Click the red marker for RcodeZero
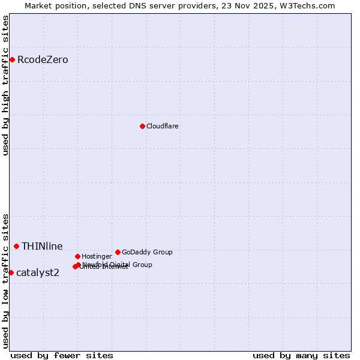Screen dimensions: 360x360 12,59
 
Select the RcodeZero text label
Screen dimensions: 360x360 43,60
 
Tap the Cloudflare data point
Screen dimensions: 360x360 142,126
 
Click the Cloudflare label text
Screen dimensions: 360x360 162,127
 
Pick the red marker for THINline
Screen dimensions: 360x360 16,246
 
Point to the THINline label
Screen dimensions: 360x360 42,247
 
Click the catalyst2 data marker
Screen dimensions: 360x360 11,272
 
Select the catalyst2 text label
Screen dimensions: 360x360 38,273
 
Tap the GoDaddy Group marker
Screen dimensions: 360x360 118,252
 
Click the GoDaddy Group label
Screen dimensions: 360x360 147,253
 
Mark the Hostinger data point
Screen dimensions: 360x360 77,256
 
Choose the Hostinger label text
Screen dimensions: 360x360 97,257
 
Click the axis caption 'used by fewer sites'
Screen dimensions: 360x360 62,355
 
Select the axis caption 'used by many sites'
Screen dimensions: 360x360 301,355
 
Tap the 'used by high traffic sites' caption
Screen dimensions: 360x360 6,85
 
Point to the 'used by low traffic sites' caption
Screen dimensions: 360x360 6,281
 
